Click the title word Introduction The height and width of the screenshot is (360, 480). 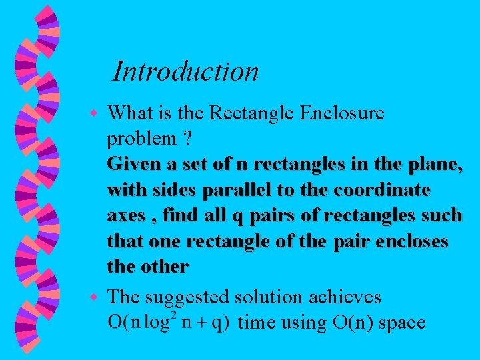(x=185, y=71)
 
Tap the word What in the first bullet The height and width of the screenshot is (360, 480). (x=129, y=113)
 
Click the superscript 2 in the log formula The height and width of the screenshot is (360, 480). (x=175, y=314)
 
